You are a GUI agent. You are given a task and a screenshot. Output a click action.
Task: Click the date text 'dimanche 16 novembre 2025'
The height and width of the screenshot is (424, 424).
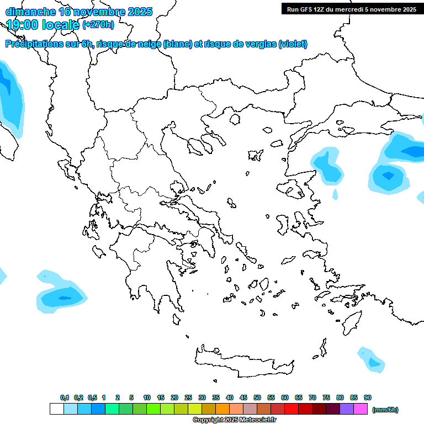click(79, 12)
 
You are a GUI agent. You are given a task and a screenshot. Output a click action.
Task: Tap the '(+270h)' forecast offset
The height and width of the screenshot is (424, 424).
click(98, 24)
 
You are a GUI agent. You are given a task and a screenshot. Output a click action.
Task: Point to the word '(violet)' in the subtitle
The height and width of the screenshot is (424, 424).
click(293, 44)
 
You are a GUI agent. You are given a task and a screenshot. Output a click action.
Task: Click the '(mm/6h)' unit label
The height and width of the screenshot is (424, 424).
click(385, 410)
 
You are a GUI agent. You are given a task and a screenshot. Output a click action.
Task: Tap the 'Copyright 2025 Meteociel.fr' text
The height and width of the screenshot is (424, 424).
click(234, 420)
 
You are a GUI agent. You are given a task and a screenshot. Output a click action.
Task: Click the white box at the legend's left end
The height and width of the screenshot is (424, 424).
click(56, 409)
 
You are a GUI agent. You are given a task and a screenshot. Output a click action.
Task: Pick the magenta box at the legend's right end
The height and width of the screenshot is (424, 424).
click(361, 409)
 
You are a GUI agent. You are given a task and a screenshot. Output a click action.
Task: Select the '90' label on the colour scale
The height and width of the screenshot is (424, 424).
click(368, 397)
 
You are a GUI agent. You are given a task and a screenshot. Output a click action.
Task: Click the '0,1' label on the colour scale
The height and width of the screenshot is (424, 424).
click(65, 397)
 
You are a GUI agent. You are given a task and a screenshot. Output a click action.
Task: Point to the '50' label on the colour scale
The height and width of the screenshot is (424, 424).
click(257, 397)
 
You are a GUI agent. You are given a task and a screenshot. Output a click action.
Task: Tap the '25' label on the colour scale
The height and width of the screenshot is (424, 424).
click(188, 397)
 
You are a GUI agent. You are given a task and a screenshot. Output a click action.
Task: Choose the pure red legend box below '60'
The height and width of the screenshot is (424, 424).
click(291, 409)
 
